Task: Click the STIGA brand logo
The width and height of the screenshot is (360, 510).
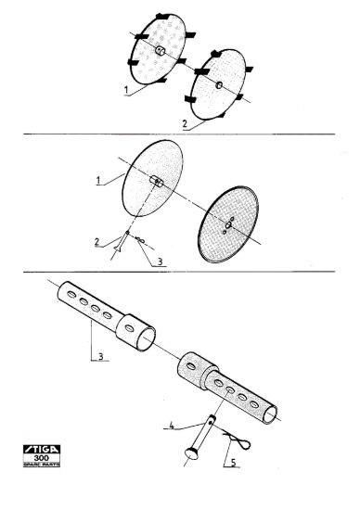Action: [x=42, y=449]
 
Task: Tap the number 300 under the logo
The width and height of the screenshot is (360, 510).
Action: [x=42, y=458]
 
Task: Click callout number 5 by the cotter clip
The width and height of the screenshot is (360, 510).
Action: [x=233, y=463]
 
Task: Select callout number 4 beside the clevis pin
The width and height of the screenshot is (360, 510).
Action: [x=172, y=426]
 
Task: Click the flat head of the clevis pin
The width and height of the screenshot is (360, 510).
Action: [x=191, y=453]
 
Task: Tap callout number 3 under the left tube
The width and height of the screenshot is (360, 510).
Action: [x=101, y=356]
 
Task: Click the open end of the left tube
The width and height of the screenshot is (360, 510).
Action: [x=146, y=338]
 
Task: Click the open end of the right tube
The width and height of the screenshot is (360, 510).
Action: [x=270, y=414]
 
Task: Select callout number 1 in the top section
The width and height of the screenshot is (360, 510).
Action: [x=126, y=90]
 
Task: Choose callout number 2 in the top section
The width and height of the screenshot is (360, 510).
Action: [x=185, y=124]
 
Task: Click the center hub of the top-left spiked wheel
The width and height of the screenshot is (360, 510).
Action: [x=161, y=50]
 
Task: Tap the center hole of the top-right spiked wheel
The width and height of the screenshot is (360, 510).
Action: [x=219, y=85]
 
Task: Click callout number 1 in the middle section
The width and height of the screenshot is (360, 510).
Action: [x=98, y=181]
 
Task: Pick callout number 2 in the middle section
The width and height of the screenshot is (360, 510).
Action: [x=96, y=242]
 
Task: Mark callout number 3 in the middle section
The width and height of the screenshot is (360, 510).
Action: [x=160, y=261]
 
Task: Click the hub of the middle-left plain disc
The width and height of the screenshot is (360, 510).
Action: [x=157, y=182]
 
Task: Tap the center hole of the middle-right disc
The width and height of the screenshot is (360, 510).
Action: [x=228, y=224]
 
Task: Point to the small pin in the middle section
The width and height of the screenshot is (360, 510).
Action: [x=122, y=241]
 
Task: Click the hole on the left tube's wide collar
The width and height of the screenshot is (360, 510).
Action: [x=129, y=328]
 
